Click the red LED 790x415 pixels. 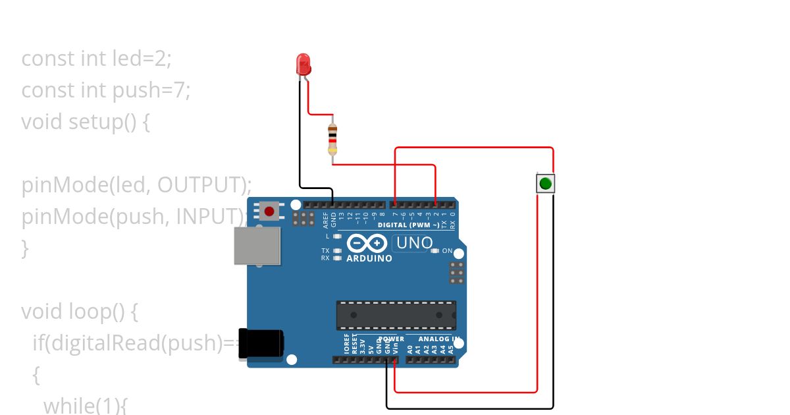[x=303, y=65]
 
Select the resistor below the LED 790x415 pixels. [x=332, y=139]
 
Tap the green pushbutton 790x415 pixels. [x=545, y=182]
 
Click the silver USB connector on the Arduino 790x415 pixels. [x=257, y=245]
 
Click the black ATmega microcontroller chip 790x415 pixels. [x=396, y=315]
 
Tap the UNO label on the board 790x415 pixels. [x=412, y=243]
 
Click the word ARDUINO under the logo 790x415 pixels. [x=369, y=259]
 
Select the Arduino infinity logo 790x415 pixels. [x=366, y=243]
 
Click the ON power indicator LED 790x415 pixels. [x=434, y=251]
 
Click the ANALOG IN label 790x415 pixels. [x=439, y=339]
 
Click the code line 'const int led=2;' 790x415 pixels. [x=97, y=59]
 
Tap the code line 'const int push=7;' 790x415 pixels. [x=106, y=90]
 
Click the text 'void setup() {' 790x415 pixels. [x=86, y=122]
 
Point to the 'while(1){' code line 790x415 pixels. [x=85, y=405]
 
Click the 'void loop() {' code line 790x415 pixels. [x=80, y=311]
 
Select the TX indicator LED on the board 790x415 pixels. [x=338, y=251]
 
